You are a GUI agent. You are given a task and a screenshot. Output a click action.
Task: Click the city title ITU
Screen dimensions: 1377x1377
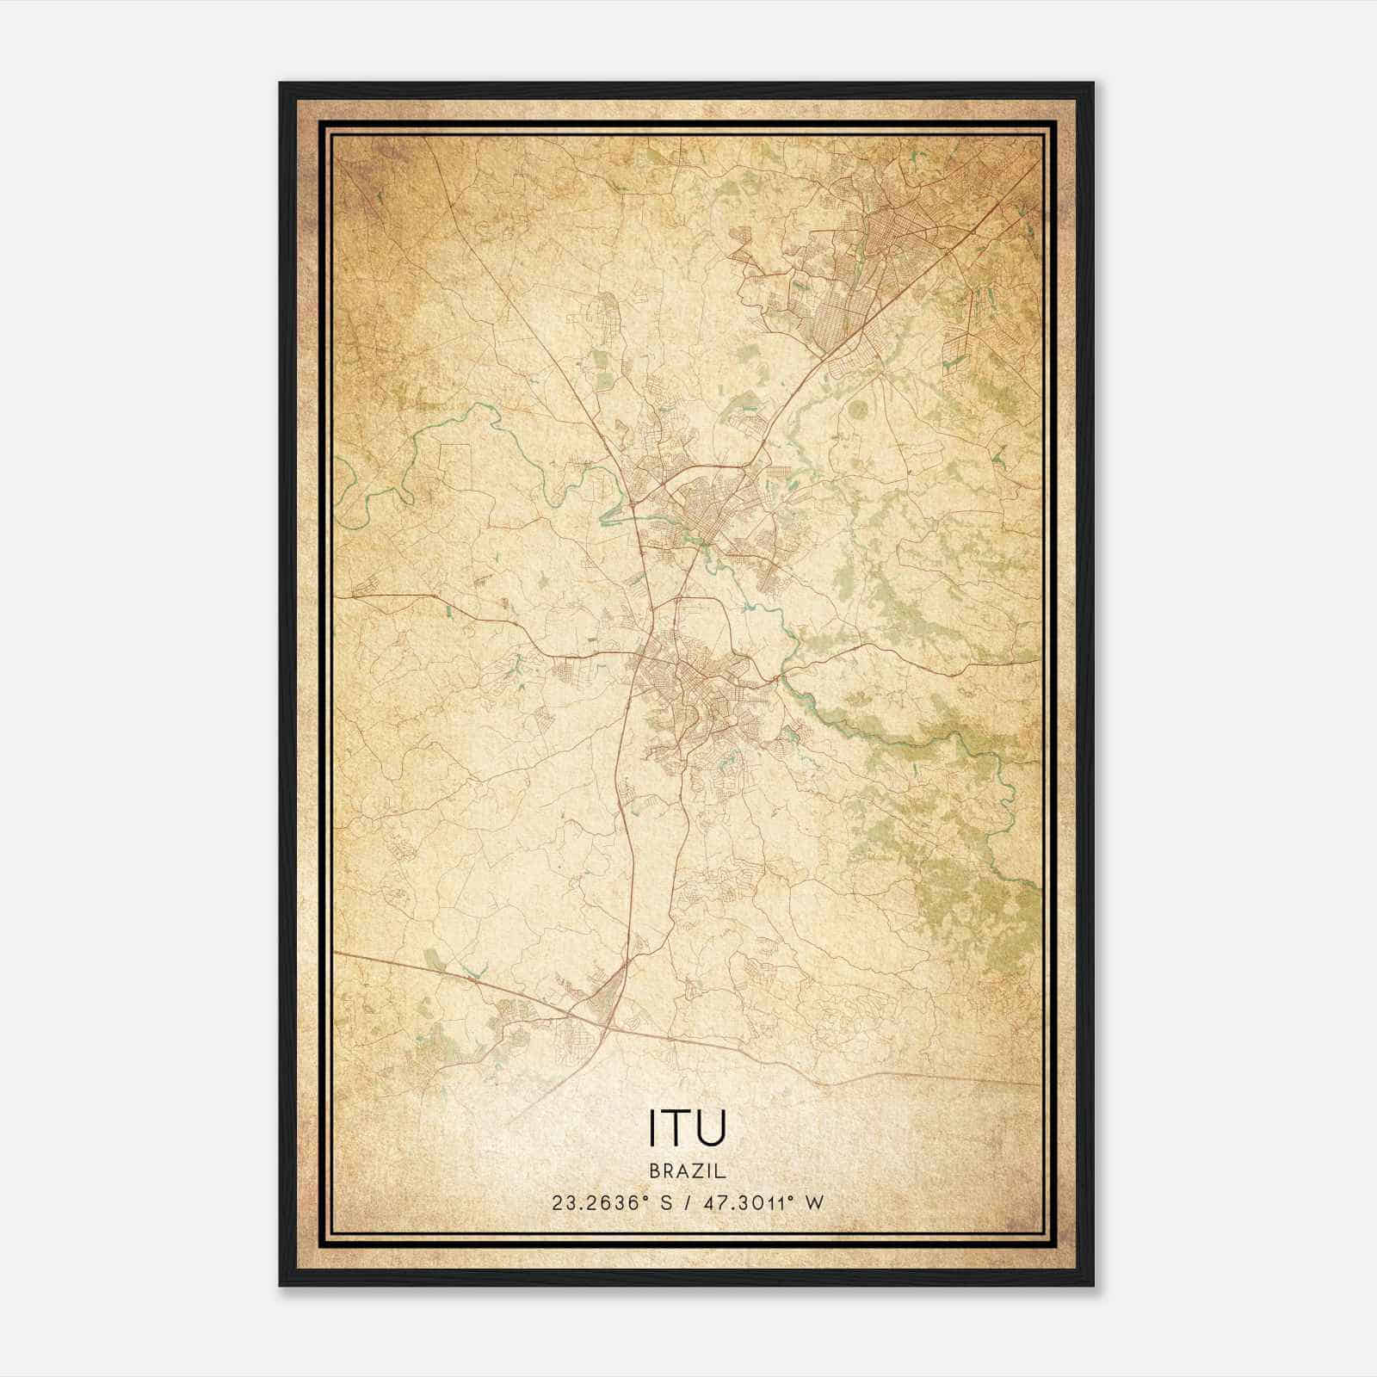click(688, 1128)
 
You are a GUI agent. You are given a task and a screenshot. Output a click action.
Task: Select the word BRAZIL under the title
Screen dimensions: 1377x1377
click(688, 1171)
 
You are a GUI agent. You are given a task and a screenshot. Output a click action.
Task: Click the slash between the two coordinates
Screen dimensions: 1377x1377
click(687, 1202)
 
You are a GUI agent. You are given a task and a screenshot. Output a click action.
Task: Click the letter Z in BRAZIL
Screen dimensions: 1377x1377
click(698, 1171)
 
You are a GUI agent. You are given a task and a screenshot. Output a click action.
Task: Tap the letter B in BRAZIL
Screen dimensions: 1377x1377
click(655, 1171)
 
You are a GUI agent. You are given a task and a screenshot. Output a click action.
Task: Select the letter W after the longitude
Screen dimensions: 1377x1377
click(814, 1202)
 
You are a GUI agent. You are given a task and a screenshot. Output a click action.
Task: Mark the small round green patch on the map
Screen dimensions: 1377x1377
click(858, 411)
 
